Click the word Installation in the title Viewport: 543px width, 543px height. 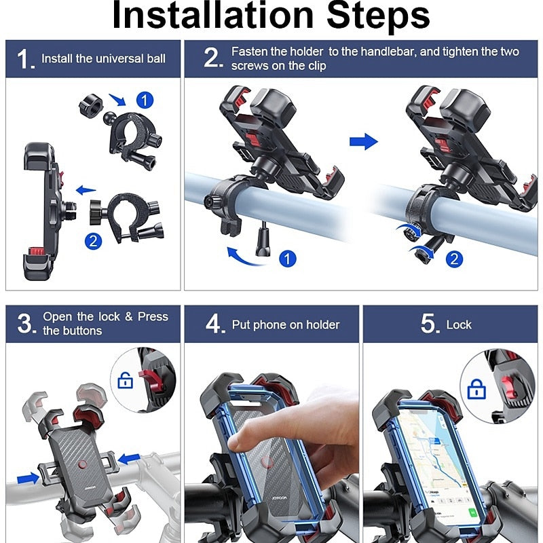pyautogui.click(x=212, y=15)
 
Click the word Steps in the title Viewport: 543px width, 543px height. pyautogui.click(x=378, y=16)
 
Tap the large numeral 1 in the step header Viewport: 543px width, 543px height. pyautogui.click(x=24, y=58)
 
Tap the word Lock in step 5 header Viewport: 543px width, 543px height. pyautogui.click(x=459, y=325)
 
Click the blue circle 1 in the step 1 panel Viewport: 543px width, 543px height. pyautogui.click(x=145, y=100)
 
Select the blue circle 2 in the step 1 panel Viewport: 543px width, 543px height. pyautogui.click(x=94, y=241)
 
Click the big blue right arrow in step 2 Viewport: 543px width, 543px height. pyautogui.click(x=363, y=141)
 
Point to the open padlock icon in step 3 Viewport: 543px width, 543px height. pyautogui.click(x=126, y=380)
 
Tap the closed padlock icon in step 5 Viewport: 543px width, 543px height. pyautogui.click(x=476, y=389)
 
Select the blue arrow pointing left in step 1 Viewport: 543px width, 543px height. pyautogui.click(x=86, y=190)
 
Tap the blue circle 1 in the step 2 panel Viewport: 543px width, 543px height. pyautogui.click(x=287, y=259)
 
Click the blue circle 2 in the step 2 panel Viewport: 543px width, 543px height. pyautogui.click(x=454, y=259)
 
